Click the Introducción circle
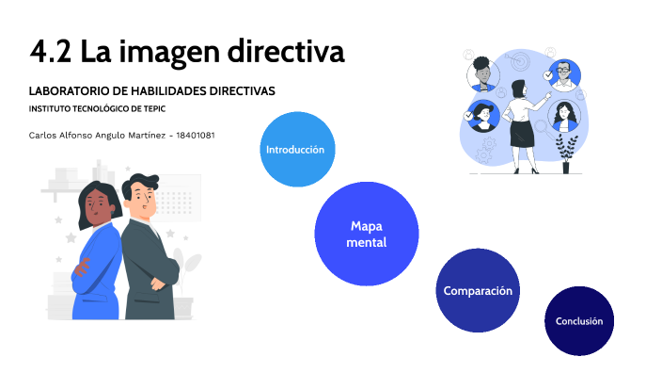(295, 150)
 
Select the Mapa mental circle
(366, 234)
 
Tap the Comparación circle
(478, 290)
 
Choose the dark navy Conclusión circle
(578, 321)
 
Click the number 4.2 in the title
(49, 52)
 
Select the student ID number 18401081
(196, 135)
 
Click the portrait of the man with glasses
(563, 74)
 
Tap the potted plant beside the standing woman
(566, 151)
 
